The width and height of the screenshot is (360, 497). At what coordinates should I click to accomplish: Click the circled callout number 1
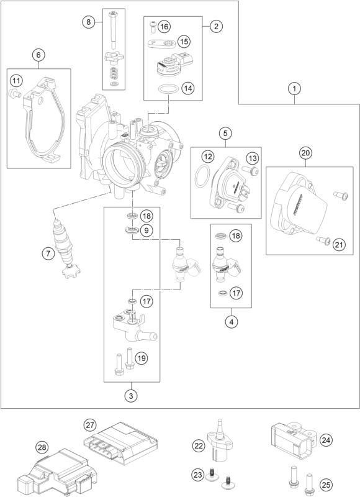pyautogui.click(x=294, y=88)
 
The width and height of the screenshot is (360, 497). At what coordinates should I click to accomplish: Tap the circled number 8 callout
pyautogui.click(x=88, y=22)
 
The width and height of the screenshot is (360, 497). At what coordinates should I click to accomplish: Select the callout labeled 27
pyautogui.click(x=90, y=425)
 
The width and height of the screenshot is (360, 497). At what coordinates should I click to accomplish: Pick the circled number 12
pyautogui.click(x=208, y=157)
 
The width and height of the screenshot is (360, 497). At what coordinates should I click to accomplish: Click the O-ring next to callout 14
pyautogui.click(x=167, y=89)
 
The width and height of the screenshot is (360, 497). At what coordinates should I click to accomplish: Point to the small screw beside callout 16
pyautogui.click(x=153, y=26)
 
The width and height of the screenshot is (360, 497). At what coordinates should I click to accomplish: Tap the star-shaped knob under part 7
pyautogui.click(x=71, y=272)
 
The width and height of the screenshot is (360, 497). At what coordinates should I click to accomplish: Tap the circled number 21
pyautogui.click(x=339, y=245)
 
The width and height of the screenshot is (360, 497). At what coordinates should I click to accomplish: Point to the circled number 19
pyautogui.click(x=142, y=358)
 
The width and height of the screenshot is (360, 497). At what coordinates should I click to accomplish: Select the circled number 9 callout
pyautogui.click(x=146, y=230)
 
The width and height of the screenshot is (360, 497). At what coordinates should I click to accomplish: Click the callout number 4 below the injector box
pyautogui.click(x=232, y=322)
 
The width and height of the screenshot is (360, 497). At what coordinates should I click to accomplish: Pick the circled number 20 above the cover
pyautogui.click(x=305, y=153)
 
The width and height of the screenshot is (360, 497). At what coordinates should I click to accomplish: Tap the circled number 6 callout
pyautogui.click(x=38, y=55)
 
